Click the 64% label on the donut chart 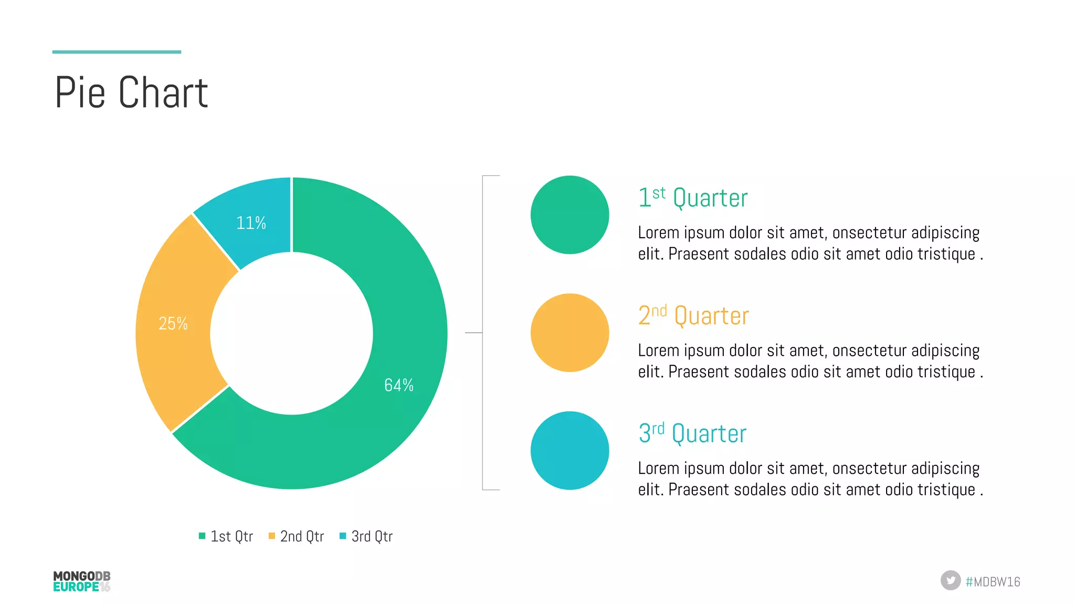[x=399, y=385]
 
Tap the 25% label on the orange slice [x=173, y=323]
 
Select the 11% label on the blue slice [x=251, y=223]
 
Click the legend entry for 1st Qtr [x=226, y=536]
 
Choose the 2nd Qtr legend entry [x=296, y=536]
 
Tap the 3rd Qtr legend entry [x=366, y=536]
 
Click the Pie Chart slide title [x=131, y=92]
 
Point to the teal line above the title [x=117, y=52]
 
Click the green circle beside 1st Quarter [x=570, y=215]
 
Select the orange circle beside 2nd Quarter [x=570, y=333]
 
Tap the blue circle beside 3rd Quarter [x=570, y=450]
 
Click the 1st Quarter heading [x=693, y=198]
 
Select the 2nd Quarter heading [x=693, y=316]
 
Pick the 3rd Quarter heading [x=692, y=434]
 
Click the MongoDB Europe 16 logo [x=82, y=581]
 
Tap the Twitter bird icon [x=950, y=580]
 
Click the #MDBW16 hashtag [x=993, y=581]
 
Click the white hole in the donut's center [x=291, y=333]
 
